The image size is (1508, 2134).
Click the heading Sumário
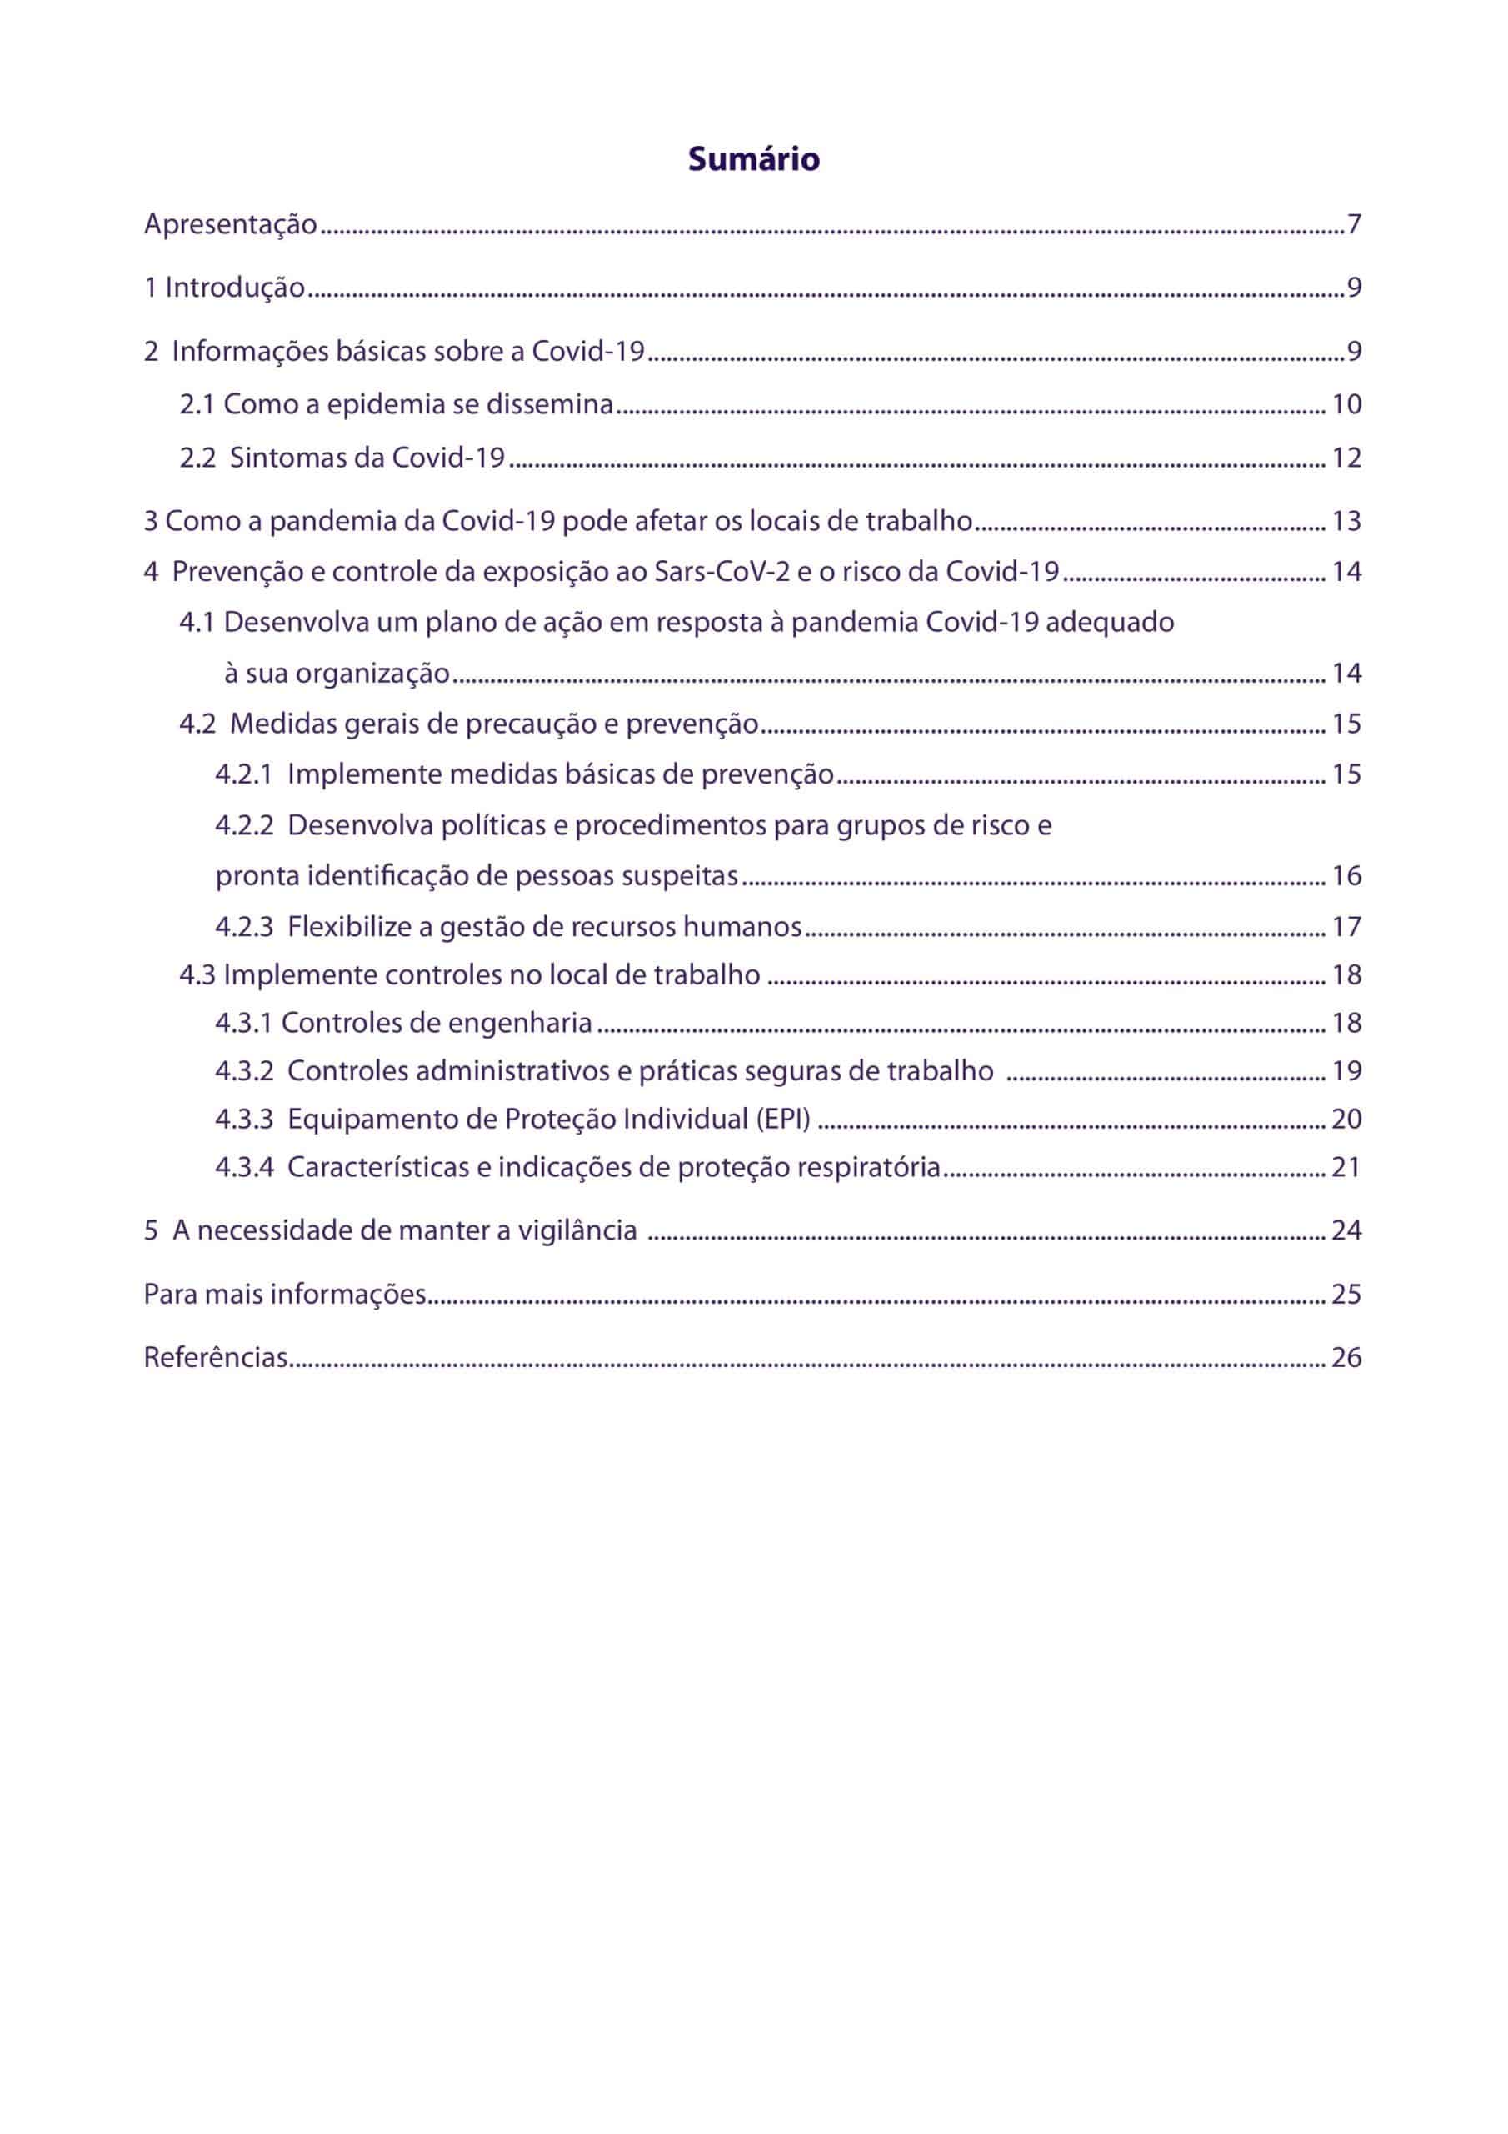[753, 160]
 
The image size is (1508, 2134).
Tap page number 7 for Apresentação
[1354, 225]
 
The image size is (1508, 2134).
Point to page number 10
[1346, 404]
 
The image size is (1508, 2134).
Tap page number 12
[1346, 458]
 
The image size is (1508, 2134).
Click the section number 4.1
[197, 622]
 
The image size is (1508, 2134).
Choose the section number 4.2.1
[243, 774]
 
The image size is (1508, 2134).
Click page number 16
[1346, 875]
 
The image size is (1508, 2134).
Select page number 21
[1346, 1167]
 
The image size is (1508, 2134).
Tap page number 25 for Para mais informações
[1346, 1294]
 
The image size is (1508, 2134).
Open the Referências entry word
[216, 1358]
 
